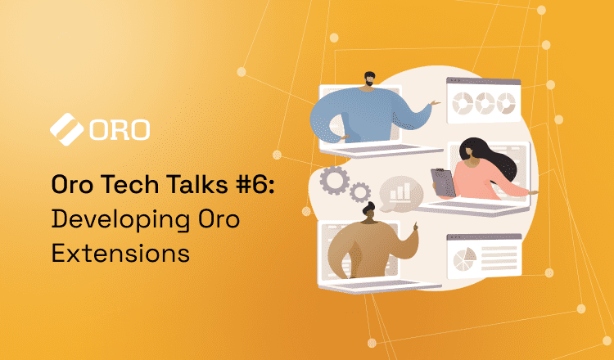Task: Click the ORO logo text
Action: click(120, 129)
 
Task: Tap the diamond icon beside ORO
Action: click(66, 129)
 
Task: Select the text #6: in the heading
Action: click(255, 184)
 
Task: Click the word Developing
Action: click(120, 220)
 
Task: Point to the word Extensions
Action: click(120, 253)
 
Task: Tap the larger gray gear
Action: click(334, 180)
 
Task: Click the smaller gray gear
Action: click(360, 192)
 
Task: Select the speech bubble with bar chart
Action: click(400, 193)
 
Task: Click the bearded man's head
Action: click(368, 80)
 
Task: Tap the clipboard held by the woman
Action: click(443, 182)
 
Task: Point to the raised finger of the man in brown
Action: click(415, 226)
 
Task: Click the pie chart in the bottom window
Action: click(464, 259)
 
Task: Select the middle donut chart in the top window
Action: click(485, 103)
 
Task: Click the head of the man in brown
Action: click(369, 212)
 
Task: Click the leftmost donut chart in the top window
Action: click(463, 103)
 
